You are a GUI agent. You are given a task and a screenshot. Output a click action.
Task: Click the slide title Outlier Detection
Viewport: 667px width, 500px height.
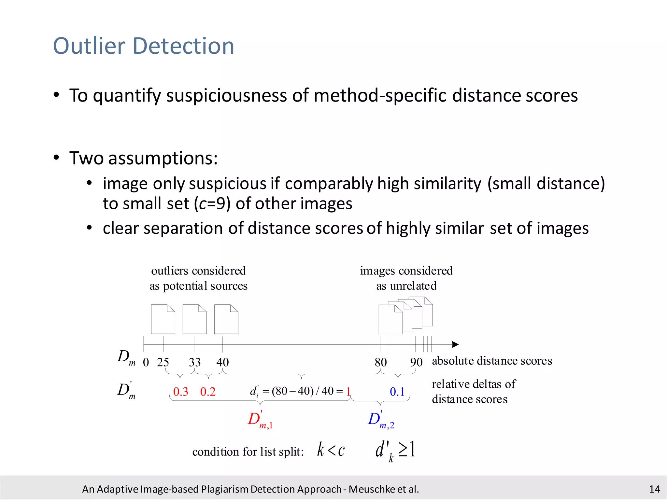[144, 46]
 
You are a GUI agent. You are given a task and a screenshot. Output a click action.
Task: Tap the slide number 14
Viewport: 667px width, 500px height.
[654, 489]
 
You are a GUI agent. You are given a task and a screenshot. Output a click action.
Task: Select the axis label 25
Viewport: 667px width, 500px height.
[163, 362]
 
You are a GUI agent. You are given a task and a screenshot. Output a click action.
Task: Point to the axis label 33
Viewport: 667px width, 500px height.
[195, 362]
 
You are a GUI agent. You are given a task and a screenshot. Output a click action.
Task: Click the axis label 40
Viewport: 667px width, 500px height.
[223, 362]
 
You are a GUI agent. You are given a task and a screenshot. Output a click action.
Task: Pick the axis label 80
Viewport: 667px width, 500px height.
[380, 362]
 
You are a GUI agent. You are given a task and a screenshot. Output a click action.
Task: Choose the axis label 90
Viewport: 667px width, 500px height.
[416, 362]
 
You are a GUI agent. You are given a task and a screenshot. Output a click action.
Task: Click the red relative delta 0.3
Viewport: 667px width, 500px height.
[181, 392]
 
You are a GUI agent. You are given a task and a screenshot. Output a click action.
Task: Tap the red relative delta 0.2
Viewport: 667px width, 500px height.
[208, 392]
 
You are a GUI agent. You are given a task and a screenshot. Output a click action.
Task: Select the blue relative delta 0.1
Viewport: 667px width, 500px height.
[397, 392]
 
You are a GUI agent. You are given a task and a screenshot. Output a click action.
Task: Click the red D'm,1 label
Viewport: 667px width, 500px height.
[260, 420]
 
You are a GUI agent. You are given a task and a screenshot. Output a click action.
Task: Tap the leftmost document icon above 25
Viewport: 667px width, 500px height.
[163, 319]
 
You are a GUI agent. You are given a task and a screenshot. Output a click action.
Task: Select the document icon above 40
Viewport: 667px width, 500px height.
[226, 319]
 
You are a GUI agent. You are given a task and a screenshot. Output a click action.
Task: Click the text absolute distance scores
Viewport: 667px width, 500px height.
[492, 361]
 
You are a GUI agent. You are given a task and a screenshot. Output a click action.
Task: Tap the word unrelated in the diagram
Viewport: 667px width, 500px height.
[413, 286]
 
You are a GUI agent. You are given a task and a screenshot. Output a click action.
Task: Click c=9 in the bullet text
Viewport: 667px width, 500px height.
[212, 204]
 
